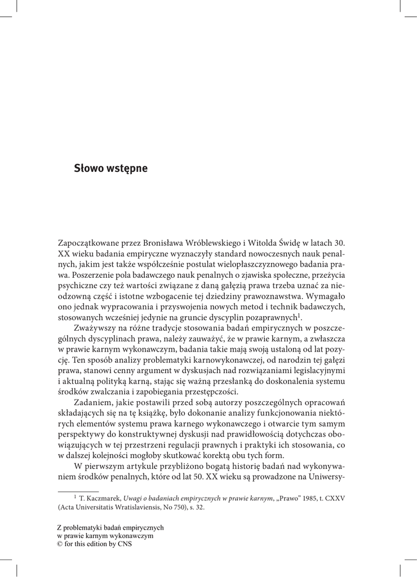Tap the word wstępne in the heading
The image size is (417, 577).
[128, 168]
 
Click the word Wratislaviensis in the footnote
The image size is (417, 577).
[136, 507]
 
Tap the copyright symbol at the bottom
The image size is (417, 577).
[61, 545]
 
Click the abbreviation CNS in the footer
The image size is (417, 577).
[124, 545]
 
